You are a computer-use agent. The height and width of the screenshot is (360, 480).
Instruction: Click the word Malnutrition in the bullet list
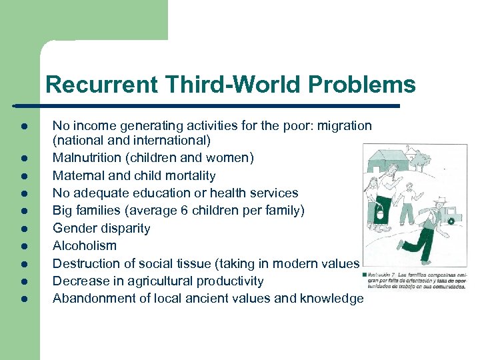(85, 159)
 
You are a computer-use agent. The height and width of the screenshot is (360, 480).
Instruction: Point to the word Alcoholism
(85, 245)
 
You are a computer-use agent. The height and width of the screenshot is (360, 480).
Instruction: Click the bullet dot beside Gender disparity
(23, 229)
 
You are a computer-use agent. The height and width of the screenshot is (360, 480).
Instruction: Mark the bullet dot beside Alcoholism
(23, 246)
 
